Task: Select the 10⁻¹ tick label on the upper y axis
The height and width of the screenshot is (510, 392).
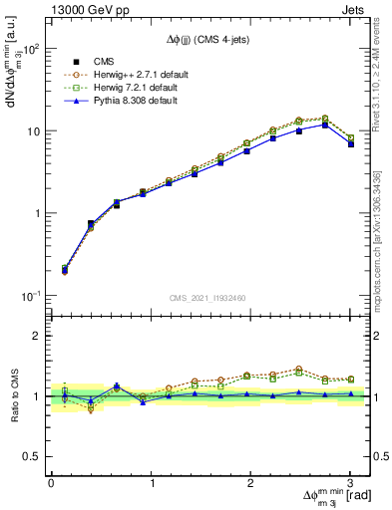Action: click(33, 296)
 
